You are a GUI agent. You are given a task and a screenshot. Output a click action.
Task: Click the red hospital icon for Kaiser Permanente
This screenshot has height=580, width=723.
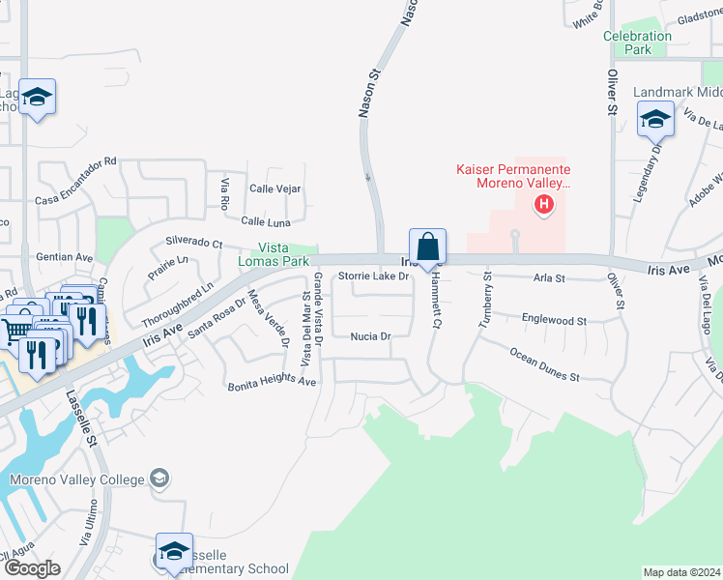tap(545, 204)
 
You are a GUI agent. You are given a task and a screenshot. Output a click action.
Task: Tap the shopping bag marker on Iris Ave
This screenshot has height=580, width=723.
tap(427, 246)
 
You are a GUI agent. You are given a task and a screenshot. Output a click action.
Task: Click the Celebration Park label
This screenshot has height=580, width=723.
tap(637, 43)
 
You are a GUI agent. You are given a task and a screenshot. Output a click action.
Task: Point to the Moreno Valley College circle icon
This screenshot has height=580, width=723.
tap(159, 478)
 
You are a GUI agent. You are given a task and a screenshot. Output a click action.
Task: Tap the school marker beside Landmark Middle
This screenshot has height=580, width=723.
tap(655, 120)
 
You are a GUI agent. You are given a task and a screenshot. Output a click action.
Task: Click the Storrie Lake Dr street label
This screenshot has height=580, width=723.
tap(374, 276)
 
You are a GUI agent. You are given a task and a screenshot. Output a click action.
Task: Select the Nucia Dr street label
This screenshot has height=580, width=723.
tap(370, 336)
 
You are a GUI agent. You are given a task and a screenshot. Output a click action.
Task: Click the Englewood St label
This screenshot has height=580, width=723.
tap(554, 319)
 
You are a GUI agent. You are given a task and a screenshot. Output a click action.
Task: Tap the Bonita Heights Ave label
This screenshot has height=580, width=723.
tap(273, 384)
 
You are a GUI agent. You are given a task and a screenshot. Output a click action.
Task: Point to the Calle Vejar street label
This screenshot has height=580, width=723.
tap(275, 188)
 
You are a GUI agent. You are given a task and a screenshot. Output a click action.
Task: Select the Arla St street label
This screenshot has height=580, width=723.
tap(549, 278)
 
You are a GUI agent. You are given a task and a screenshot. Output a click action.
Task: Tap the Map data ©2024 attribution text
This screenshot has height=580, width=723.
tap(680, 572)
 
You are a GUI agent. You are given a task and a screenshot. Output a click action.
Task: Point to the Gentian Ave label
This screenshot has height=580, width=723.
tap(64, 258)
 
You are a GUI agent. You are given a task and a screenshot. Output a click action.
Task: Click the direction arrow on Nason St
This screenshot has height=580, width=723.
tap(367, 177)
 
